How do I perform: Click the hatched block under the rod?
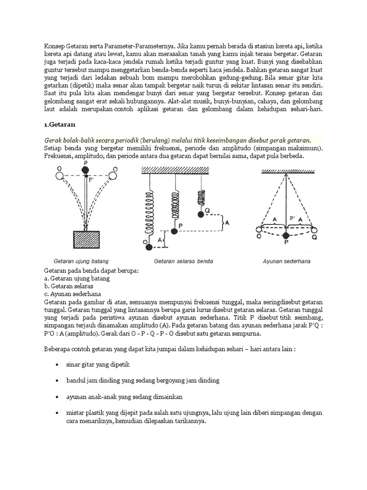point(86,240)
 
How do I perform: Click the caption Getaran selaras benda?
point(183,262)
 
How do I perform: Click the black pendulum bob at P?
point(286,235)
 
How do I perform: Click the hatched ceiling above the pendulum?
point(286,171)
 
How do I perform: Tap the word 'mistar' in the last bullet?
point(76,413)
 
